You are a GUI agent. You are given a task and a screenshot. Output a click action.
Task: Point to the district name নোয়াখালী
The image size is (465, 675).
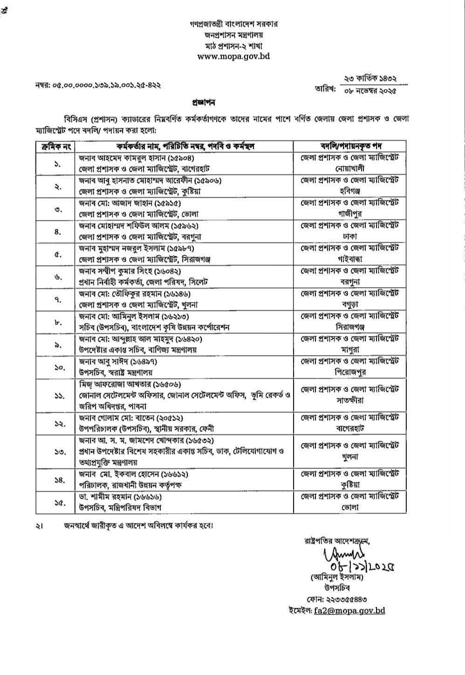(349, 168)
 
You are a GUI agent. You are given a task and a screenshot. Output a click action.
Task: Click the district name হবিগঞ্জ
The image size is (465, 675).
(349, 191)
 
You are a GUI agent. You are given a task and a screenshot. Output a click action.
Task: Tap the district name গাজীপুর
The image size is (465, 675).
(349, 214)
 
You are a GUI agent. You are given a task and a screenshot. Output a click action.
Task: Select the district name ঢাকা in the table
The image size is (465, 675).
(349, 236)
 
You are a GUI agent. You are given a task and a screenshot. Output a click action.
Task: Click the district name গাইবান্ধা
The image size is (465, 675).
(349, 259)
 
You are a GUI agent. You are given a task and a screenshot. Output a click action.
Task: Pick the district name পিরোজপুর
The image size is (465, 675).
(349, 372)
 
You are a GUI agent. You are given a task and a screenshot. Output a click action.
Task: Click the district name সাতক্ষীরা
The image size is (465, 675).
(349, 400)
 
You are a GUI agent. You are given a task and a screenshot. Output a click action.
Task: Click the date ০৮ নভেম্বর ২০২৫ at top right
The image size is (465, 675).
(369, 91)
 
